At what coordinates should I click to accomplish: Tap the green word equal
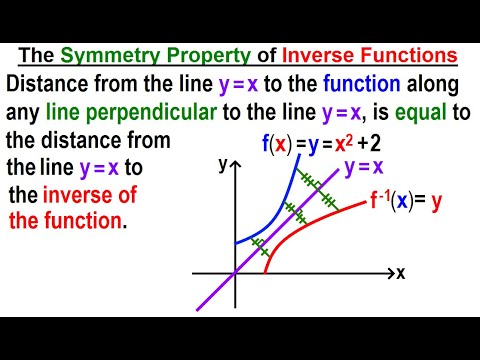pos(412,111)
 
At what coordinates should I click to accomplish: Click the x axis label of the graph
pos(400,273)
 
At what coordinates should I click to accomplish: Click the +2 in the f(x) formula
pos(388,143)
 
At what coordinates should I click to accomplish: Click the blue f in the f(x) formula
pos(266,143)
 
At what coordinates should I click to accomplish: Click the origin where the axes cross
pos(236,272)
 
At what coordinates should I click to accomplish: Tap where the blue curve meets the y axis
pos(236,243)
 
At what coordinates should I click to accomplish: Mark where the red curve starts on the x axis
pos(265,272)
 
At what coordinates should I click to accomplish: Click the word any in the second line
pos(27,111)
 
